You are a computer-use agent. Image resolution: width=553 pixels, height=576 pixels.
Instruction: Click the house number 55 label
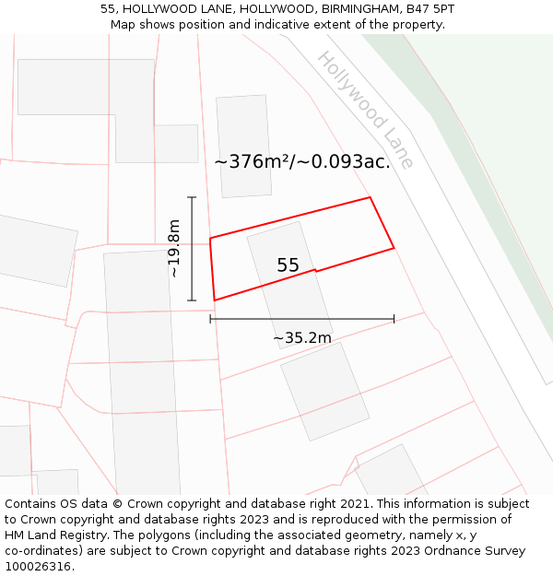[288, 265]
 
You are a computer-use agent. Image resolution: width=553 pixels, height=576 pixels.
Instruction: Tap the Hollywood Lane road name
[366, 110]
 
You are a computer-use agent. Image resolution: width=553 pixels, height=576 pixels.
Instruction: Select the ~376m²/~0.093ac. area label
[302, 162]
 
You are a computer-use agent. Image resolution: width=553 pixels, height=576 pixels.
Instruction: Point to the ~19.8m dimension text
[174, 248]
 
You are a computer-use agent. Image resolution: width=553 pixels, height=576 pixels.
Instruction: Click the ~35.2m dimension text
[301, 338]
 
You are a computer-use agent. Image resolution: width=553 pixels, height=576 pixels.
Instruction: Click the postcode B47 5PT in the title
[429, 9]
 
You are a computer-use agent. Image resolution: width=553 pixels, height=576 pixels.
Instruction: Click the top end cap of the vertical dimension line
[192, 197]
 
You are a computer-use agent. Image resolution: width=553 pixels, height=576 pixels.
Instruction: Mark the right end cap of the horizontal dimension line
[394, 319]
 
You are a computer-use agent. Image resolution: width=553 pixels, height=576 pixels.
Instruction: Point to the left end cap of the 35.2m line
[211, 319]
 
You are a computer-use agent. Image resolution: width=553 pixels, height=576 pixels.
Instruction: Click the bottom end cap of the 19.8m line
[192, 300]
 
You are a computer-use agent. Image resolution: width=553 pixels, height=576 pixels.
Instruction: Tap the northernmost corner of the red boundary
[370, 197]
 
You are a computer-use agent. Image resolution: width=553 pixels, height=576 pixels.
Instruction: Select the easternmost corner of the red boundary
[394, 247]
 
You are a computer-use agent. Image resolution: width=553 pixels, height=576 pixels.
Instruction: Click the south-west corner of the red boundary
[215, 300]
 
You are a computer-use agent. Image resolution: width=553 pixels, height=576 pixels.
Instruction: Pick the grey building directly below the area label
[244, 146]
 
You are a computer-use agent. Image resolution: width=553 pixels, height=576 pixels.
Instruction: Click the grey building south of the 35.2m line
[324, 391]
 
